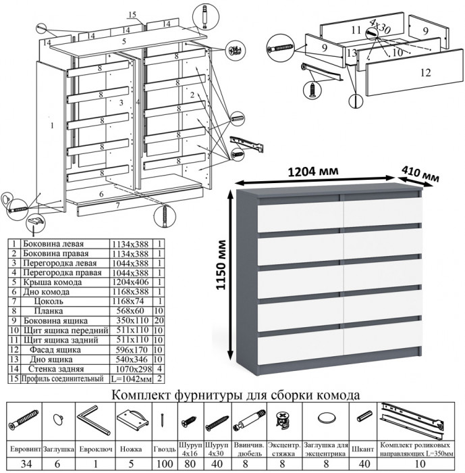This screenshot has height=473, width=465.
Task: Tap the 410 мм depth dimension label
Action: (420, 174)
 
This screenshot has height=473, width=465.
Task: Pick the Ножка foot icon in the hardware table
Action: (131, 420)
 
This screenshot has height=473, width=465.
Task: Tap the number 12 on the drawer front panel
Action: (425, 73)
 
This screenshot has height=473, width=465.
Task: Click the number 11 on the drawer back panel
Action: (358, 30)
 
